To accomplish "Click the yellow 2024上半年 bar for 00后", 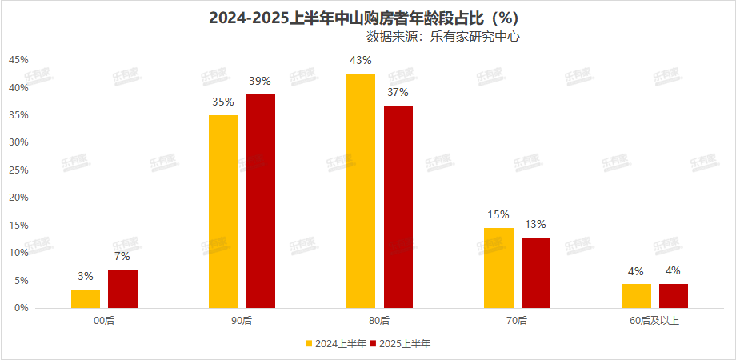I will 86,298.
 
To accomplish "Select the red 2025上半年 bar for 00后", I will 122,289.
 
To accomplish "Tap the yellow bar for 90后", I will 223,211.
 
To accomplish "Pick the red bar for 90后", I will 261,201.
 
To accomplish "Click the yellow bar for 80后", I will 361,190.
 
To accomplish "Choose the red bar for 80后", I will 398,206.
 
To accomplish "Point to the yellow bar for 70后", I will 498,267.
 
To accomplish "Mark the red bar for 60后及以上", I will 674,296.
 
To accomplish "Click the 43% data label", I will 361,61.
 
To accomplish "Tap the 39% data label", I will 261,81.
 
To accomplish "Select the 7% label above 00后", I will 122,256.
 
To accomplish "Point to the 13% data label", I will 536,224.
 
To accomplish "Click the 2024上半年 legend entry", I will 336,344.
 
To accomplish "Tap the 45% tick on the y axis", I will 18,60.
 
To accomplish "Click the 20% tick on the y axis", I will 18,198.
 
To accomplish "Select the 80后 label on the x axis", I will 380,321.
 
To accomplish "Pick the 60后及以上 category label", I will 655,321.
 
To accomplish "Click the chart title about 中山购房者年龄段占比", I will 368,17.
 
